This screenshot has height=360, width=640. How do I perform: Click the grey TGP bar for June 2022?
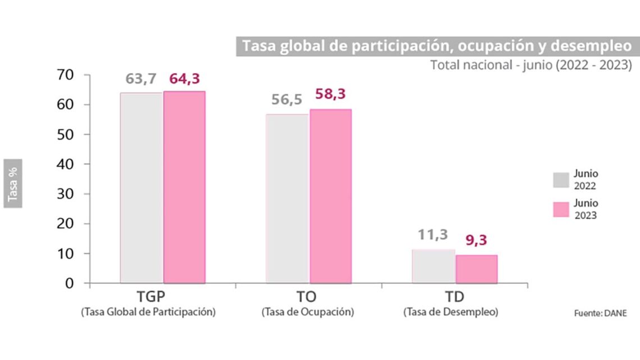141,188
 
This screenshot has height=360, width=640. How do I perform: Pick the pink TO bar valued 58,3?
331,196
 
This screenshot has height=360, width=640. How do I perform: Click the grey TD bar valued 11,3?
433,266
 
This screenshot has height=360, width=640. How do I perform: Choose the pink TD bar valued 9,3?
477,269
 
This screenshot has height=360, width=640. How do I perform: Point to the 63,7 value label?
141,79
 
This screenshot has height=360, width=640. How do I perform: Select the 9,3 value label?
476,241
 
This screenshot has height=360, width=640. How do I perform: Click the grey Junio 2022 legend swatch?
561,180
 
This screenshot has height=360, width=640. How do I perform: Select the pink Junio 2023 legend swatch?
561,209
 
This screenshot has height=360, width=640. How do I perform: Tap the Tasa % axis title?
13,183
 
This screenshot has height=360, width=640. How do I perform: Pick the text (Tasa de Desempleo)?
451,312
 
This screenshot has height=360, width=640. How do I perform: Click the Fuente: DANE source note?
600,313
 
